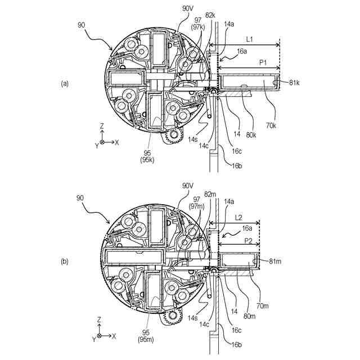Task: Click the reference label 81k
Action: pyautogui.click(x=294, y=83)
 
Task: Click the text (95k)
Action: pyautogui.click(x=147, y=160)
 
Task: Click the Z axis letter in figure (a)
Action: pyautogui.click(x=102, y=127)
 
